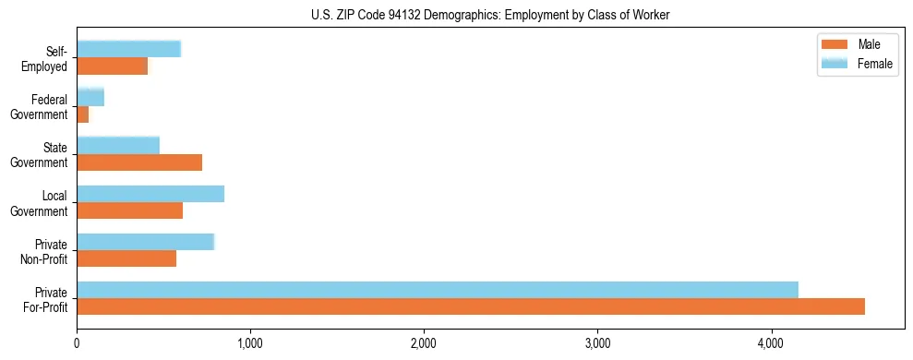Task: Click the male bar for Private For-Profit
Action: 471,306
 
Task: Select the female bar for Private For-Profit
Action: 438,290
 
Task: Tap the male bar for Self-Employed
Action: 112,66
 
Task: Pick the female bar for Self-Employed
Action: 128,50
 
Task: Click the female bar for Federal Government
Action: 90,98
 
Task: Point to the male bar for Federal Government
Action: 82,114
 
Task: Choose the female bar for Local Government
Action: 150,194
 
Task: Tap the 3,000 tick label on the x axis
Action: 597,344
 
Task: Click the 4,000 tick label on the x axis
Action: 771,344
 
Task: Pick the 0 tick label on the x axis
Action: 77,344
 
